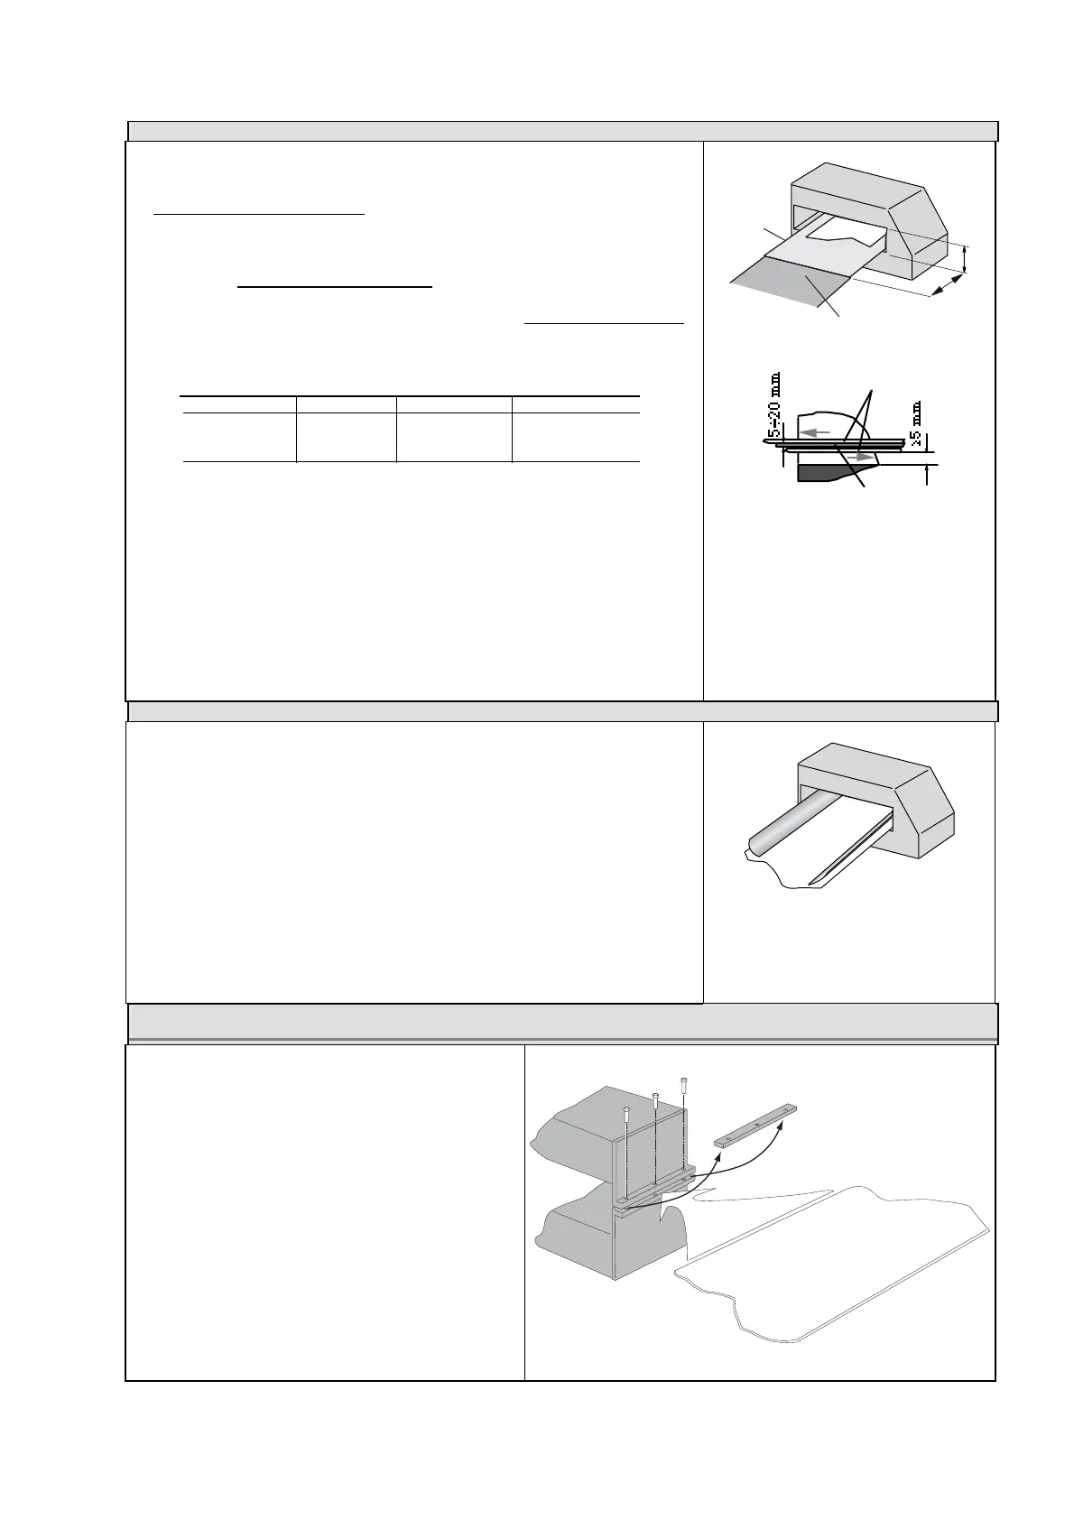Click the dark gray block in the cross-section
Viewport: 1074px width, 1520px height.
click(x=823, y=474)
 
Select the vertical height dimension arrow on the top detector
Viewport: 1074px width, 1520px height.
click(x=965, y=260)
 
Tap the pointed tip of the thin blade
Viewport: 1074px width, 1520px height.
click(x=814, y=880)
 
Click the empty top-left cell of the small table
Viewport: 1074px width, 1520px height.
click(x=238, y=405)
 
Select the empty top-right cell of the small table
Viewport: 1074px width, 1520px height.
click(x=576, y=405)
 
